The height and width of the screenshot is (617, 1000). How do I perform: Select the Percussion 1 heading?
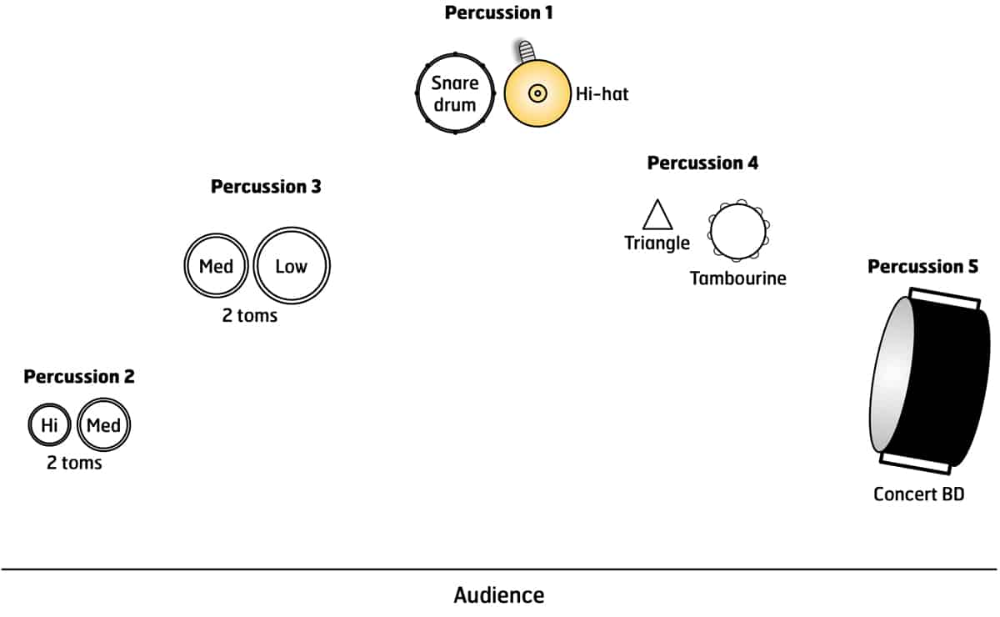click(x=498, y=13)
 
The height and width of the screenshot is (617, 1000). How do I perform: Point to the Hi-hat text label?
click(x=602, y=94)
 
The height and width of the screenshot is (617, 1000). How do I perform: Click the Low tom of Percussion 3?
click(x=292, y=267)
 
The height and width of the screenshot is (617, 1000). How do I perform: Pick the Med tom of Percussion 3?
click(x=216, y=267)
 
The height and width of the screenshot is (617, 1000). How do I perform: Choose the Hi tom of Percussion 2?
click(x=49, y=425)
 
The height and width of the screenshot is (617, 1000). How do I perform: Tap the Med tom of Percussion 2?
click(x=104, y=425)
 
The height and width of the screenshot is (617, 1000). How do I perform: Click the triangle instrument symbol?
click(x=657, y=216)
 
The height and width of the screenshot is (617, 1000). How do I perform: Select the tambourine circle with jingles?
click(x=737, y=231)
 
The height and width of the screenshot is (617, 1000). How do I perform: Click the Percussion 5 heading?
click(x=922, y=267)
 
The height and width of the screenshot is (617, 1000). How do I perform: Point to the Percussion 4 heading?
click(x=702, y=163)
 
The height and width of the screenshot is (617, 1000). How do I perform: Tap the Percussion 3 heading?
click(x=266, y=187)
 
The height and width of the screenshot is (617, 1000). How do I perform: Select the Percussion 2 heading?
click(x=78, y=377)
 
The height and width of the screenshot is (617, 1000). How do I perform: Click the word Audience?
click(x=498, y=595)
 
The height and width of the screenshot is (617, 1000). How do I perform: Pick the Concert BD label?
click(x=918, y=494)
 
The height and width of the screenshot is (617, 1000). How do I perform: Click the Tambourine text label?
click(x=737, y=278)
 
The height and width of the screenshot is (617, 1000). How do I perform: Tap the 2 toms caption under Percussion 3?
click(x=249, y=317)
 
